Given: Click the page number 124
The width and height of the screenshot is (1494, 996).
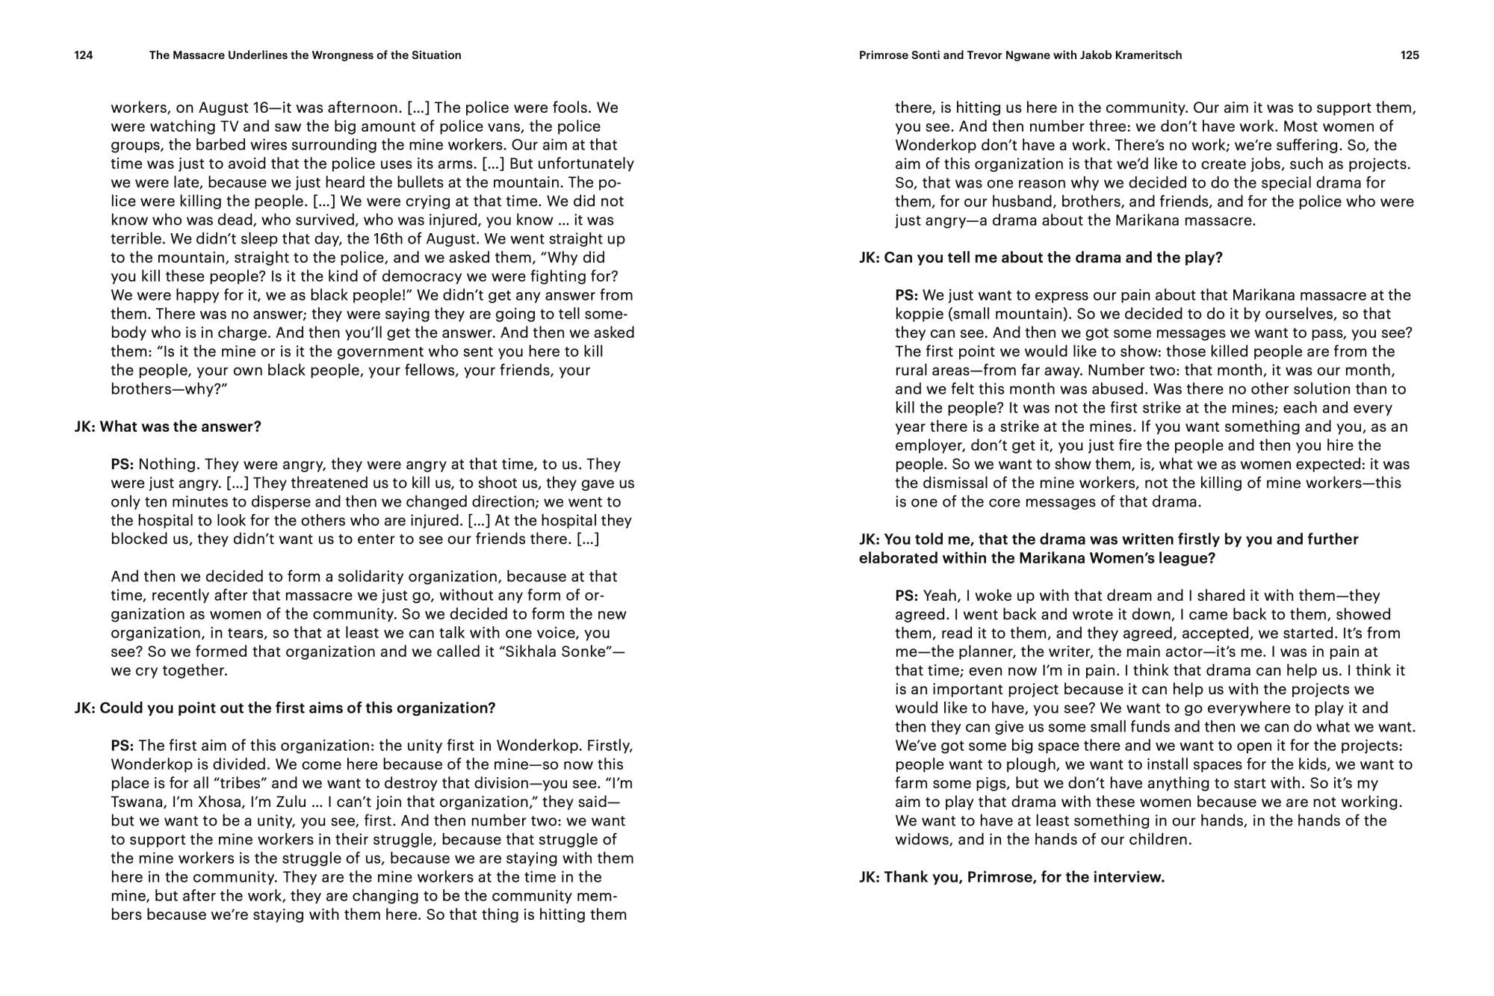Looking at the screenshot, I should pyautogui.click(x=84, y=55).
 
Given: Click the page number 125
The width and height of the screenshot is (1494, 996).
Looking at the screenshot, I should pyautogui.click(x=1410, y=55).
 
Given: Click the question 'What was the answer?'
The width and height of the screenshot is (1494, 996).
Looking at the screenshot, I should pyautogui.click(x=180, y=427).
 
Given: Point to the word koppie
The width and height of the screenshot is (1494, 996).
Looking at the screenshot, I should pyautogui.click(x=919, y=314).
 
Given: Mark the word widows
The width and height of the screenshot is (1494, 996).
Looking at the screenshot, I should pyautogui.click(x=923, y=839).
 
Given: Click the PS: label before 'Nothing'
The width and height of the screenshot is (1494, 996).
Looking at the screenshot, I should pyautogui.click(x=123, y=464).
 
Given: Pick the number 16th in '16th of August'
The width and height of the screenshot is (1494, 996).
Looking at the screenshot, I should pyautogui.click(x=394, y=239).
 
